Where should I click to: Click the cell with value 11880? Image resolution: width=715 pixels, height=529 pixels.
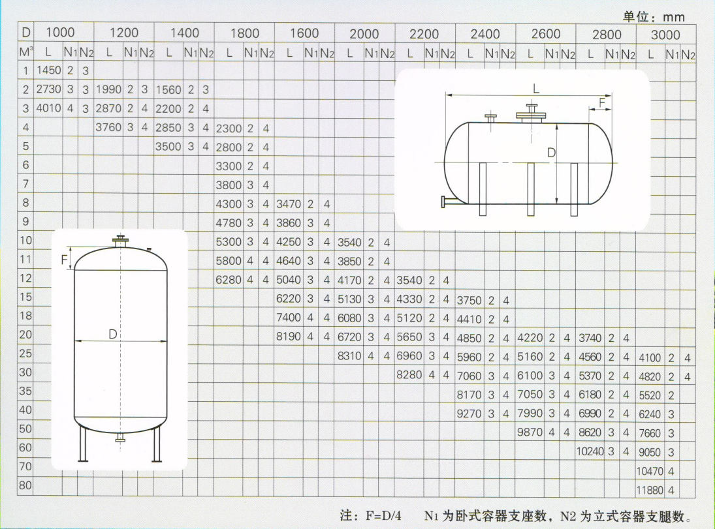pos(650,491)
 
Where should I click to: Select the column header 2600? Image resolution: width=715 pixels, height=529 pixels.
pos(545,34)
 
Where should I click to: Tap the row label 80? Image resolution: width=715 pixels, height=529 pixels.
pos(25,485)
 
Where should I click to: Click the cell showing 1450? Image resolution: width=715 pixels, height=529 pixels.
pos(48,70)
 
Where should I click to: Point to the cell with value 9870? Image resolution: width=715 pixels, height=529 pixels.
pos(530,432)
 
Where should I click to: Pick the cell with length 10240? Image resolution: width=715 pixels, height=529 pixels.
pos(590,451)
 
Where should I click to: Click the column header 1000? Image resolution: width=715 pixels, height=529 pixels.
pos(60,33)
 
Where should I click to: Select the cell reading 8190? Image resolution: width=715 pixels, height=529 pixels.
pos(289,337)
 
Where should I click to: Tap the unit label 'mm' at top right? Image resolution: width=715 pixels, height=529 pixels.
pos(673,18)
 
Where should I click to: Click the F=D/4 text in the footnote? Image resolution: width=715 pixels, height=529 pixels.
pos(383,516)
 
